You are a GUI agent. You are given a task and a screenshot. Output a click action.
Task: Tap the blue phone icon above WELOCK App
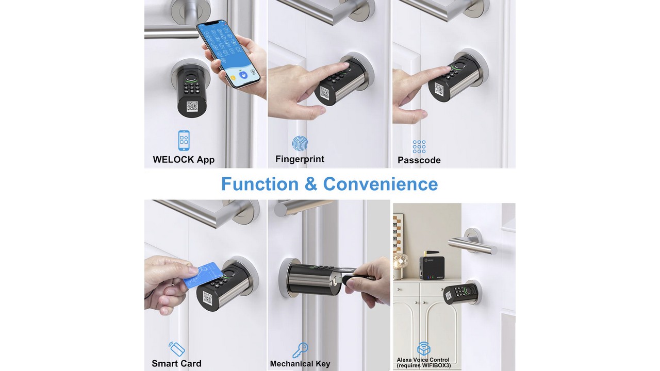pos(184,141)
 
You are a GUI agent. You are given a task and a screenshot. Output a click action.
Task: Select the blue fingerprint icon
pos(300,143)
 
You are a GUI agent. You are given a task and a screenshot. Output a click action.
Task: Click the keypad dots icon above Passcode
pos(419,147)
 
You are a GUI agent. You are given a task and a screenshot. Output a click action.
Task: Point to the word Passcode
pos(419,160)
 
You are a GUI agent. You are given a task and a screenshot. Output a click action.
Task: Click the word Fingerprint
pos(300,159)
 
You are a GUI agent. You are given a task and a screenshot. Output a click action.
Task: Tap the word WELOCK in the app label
pos(173,160)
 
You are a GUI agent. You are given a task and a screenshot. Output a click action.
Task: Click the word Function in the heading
pos(260,184)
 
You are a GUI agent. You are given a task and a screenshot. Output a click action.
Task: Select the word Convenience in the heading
pos(381,184)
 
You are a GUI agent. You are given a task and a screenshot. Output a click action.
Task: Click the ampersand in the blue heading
pos(311,184)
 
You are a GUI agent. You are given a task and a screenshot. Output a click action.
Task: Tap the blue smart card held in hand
pos(203,275)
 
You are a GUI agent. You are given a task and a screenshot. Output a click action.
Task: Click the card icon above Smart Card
pos(177,349)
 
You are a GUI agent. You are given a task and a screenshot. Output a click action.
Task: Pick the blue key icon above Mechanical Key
pos(300,350)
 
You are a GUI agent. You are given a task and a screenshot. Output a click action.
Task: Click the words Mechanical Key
pos(300,364)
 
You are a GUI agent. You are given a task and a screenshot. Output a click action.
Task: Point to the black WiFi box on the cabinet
pos(432,266)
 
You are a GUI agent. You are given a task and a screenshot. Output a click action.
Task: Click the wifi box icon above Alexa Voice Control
pos(424,349)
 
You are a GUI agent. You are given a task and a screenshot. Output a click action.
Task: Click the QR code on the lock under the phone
pos(192,107)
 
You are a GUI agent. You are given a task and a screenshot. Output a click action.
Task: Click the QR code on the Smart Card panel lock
pos(207,298)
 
